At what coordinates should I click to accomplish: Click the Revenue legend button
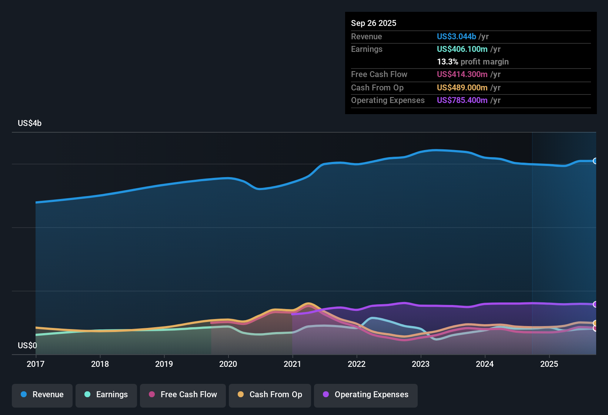42,395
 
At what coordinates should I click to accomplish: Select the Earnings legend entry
106,395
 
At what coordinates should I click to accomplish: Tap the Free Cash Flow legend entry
183,395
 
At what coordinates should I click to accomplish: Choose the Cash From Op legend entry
270,395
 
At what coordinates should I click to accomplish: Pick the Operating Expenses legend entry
366,395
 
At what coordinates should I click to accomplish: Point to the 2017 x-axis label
36,364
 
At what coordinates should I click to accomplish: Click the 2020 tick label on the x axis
228,364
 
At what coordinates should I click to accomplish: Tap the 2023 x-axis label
421,364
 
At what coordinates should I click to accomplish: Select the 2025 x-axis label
549,364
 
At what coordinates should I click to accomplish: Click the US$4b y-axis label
30,123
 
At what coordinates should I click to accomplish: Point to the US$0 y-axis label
27,346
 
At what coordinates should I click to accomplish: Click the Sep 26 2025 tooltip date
374,23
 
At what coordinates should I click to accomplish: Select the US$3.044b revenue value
456,37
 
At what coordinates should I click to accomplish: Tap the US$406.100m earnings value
462,49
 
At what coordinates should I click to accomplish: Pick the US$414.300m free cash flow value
462,74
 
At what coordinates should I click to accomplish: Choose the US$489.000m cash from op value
462,88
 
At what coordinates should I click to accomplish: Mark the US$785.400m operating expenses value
462,100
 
